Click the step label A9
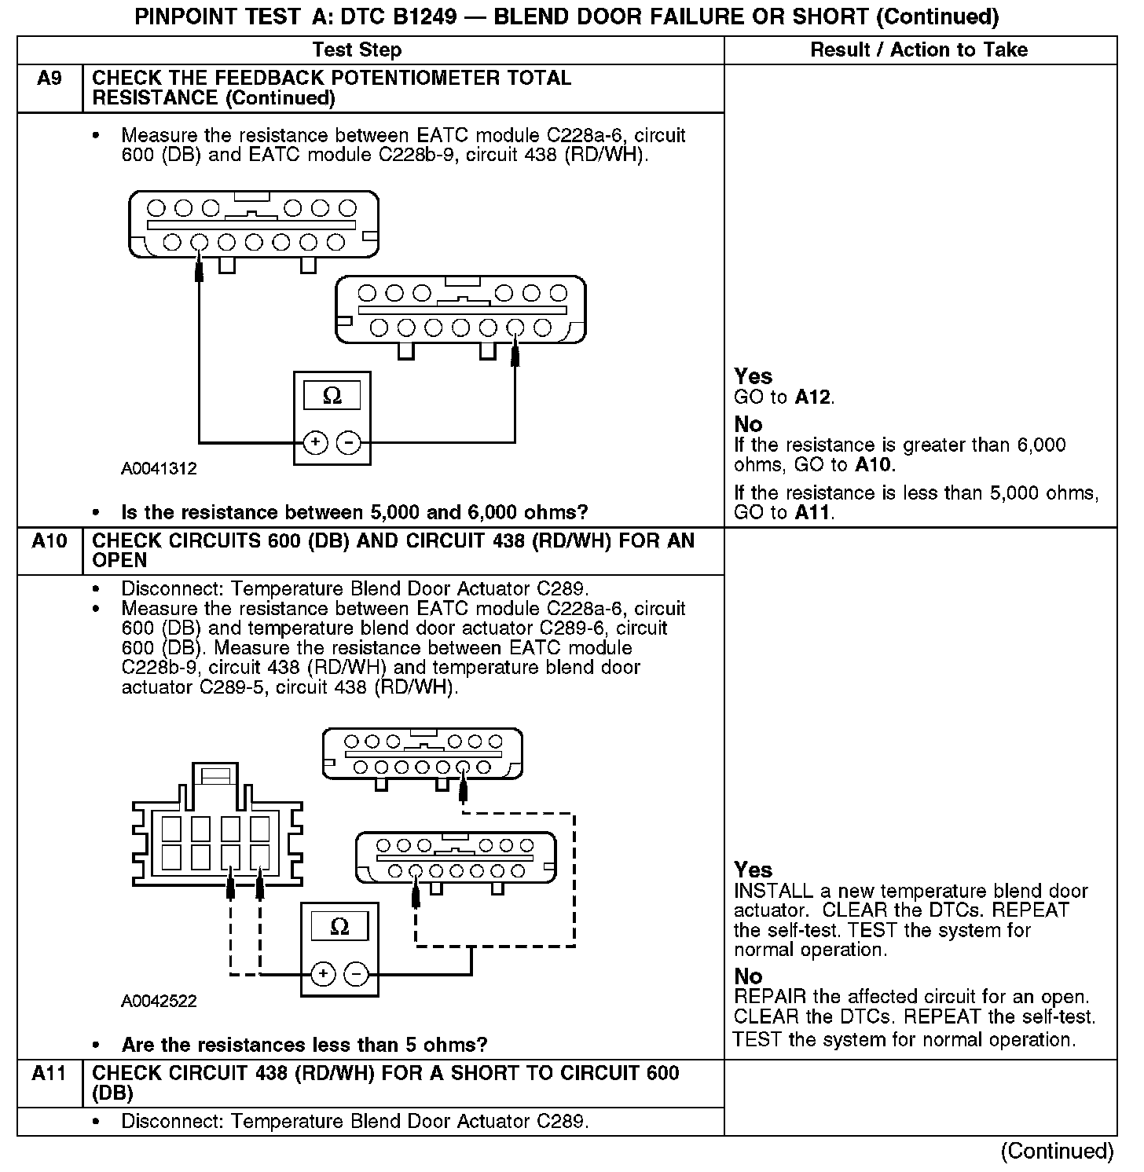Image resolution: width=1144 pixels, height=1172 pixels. pos(49,79)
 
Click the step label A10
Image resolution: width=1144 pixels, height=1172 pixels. pos(49,541)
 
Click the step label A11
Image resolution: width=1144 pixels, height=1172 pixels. pos(49,1074)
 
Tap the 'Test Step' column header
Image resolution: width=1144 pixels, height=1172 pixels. pos(357,50)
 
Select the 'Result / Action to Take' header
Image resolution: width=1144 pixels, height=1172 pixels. pos(918,50)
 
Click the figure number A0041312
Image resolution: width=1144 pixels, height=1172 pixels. pos(159,469)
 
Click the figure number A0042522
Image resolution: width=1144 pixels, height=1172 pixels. pos(159,1002)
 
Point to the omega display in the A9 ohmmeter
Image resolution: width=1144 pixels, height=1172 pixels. pos(332,396)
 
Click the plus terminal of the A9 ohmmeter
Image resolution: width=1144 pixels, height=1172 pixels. pos(315,443)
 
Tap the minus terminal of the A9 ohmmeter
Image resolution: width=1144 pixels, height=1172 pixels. pos(348,443)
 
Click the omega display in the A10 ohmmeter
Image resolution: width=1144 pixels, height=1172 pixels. pos(339,927)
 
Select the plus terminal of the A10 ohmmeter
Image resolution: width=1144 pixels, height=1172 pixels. pos(323,975)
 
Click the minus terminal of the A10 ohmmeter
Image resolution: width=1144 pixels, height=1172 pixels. pos(356,975)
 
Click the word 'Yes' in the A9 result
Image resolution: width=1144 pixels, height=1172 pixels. pos(753,376)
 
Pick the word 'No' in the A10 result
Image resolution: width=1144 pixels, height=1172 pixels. pos(748,976)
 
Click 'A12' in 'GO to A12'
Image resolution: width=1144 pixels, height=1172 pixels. pos(812,397)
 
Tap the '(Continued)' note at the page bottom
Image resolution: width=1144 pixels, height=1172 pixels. pos(1057,1152)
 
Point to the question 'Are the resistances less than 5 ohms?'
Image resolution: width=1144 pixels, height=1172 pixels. pos(304,1046)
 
